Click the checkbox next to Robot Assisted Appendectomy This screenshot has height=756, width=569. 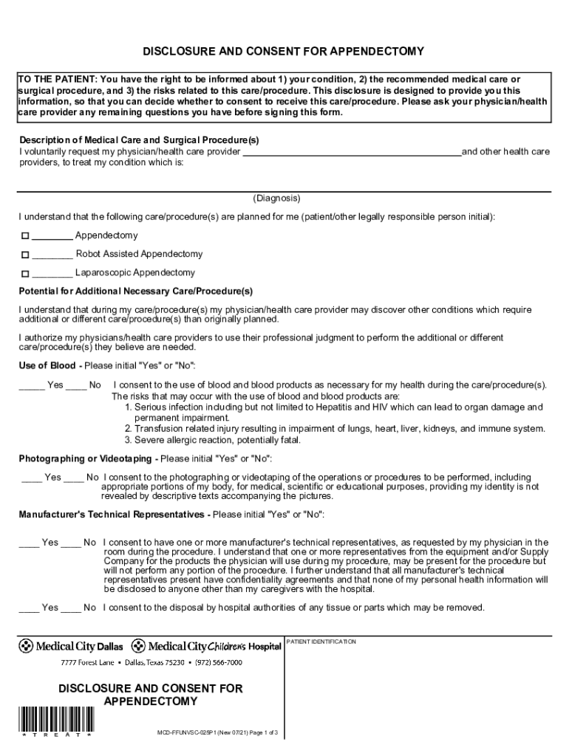point(24,255)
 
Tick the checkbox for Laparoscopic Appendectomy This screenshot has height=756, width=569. point(24,273)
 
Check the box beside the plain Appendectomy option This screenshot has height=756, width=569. point(24,236)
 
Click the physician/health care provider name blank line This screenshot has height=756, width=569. point(352,153)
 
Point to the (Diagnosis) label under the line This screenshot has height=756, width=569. point(276,199)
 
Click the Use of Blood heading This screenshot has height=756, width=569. point(50,365)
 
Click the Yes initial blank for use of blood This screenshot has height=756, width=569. point(32,385)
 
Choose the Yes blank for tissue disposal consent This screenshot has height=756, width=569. point(29,608)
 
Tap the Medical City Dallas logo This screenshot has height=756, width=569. point(71,646)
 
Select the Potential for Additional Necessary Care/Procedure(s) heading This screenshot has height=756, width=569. point(135,291)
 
